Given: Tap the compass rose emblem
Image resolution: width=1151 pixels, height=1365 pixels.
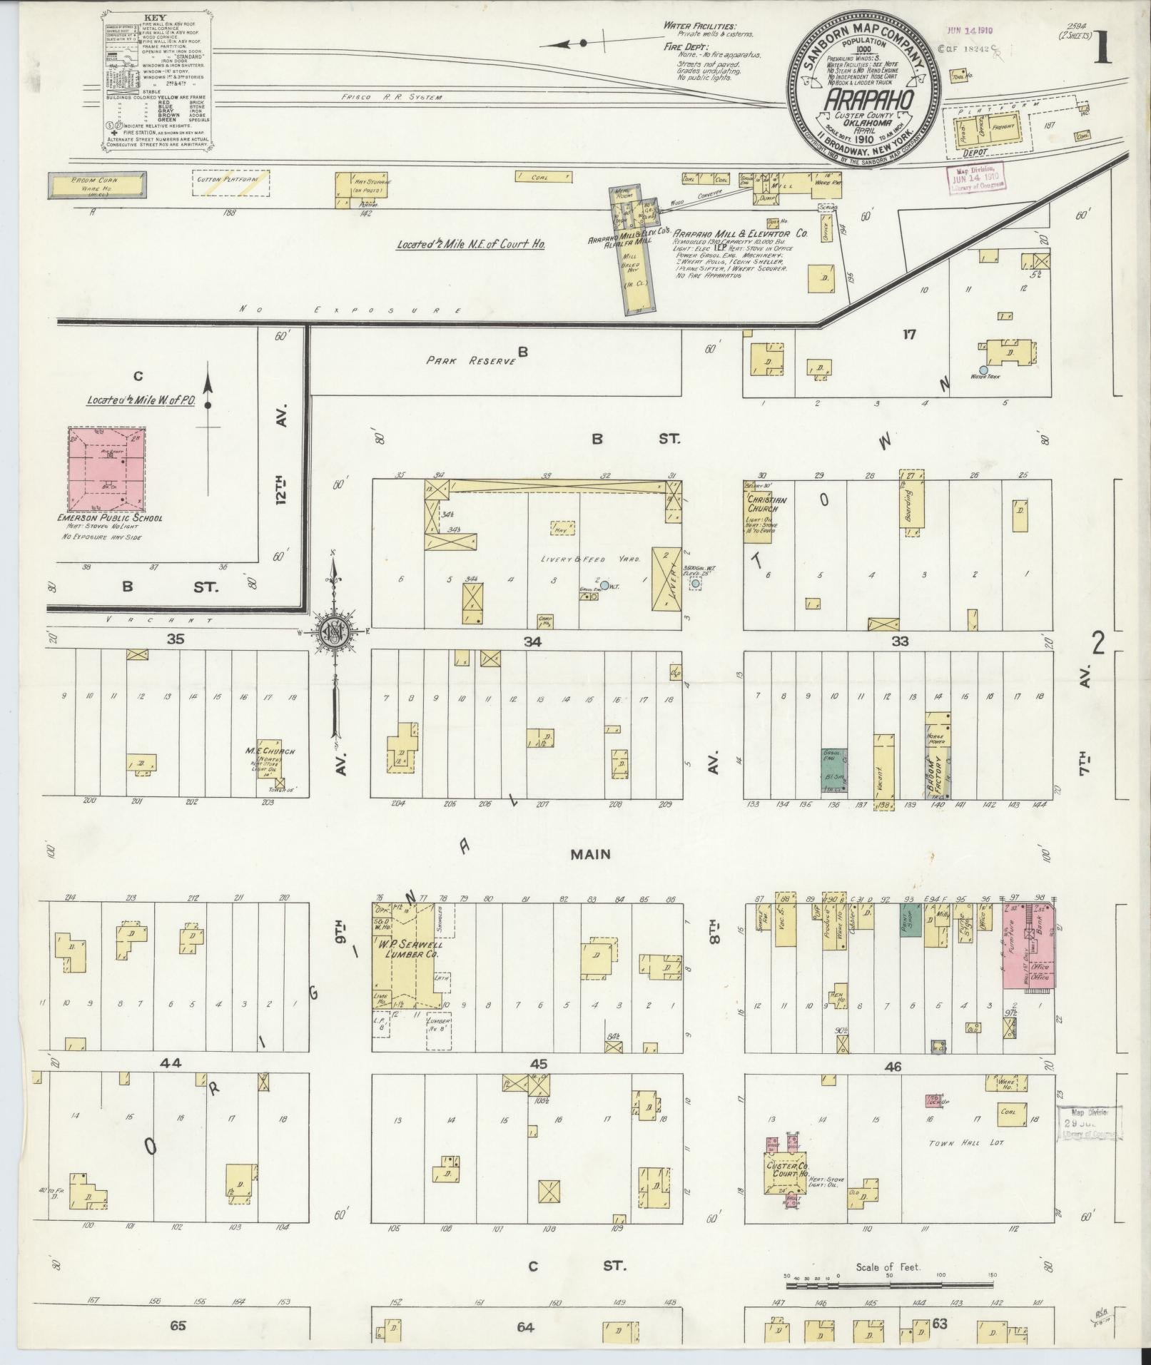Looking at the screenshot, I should [333, 631].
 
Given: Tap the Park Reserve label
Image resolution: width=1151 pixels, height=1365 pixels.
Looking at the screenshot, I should [471, 360].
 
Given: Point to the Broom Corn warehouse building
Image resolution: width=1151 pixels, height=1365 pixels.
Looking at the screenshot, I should [98, 185].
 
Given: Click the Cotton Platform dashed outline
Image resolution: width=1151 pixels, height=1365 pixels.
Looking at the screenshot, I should [231, 182].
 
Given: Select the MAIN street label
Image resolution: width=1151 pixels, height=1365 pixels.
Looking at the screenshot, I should [589, 854].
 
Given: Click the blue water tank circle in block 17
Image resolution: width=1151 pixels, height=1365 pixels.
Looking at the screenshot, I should [983, 370].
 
